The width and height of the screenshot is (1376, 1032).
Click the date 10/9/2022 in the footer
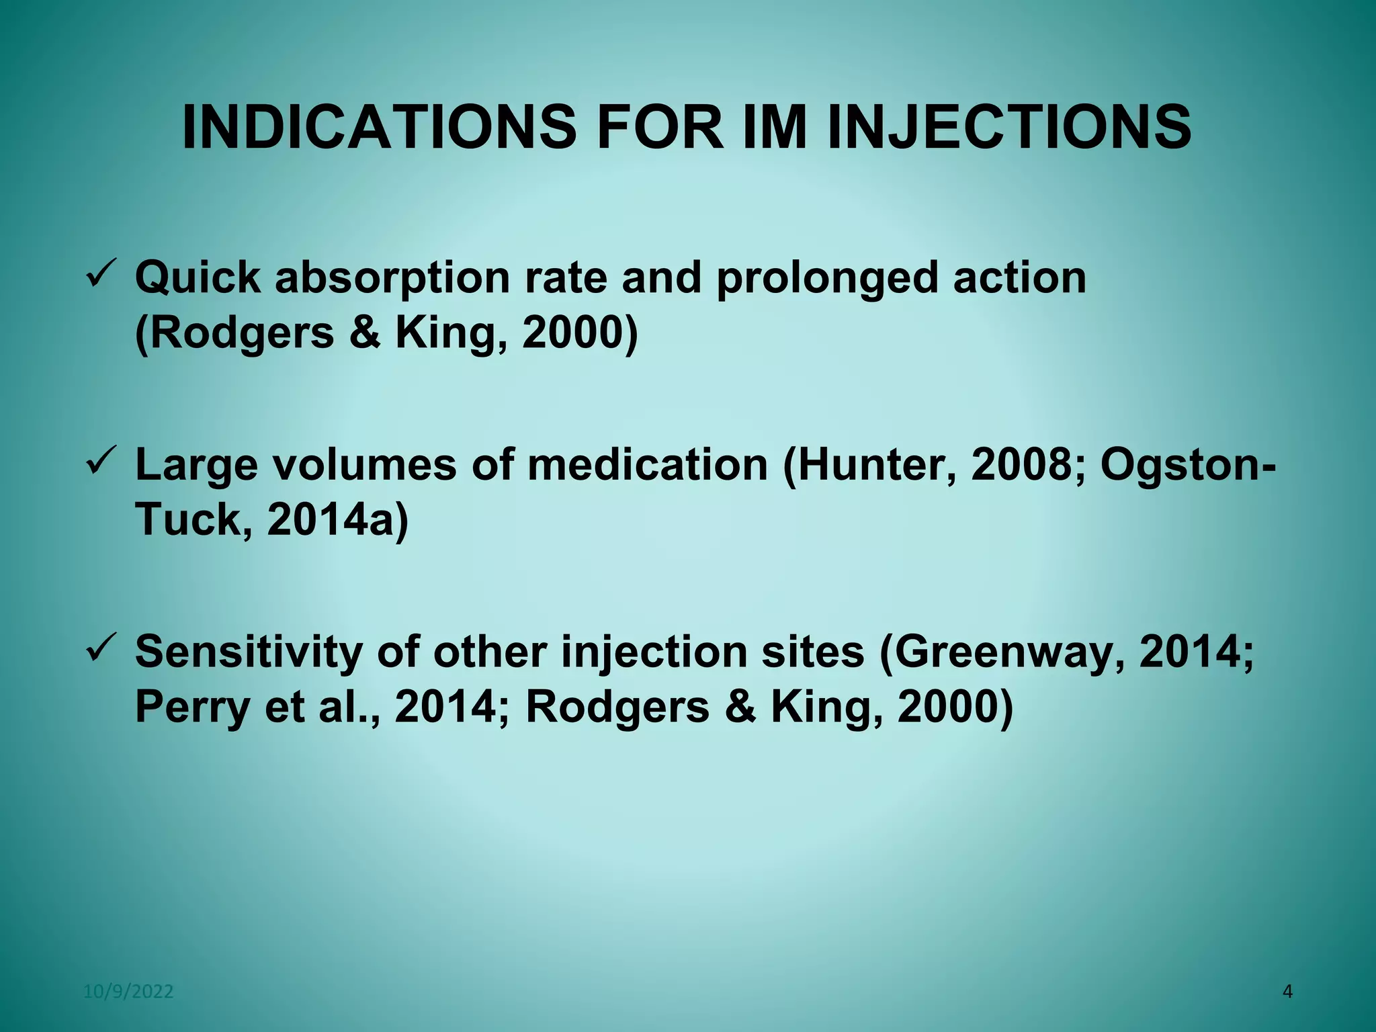[x=128, y=992]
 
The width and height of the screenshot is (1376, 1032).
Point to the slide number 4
[x=1287, y=992]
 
